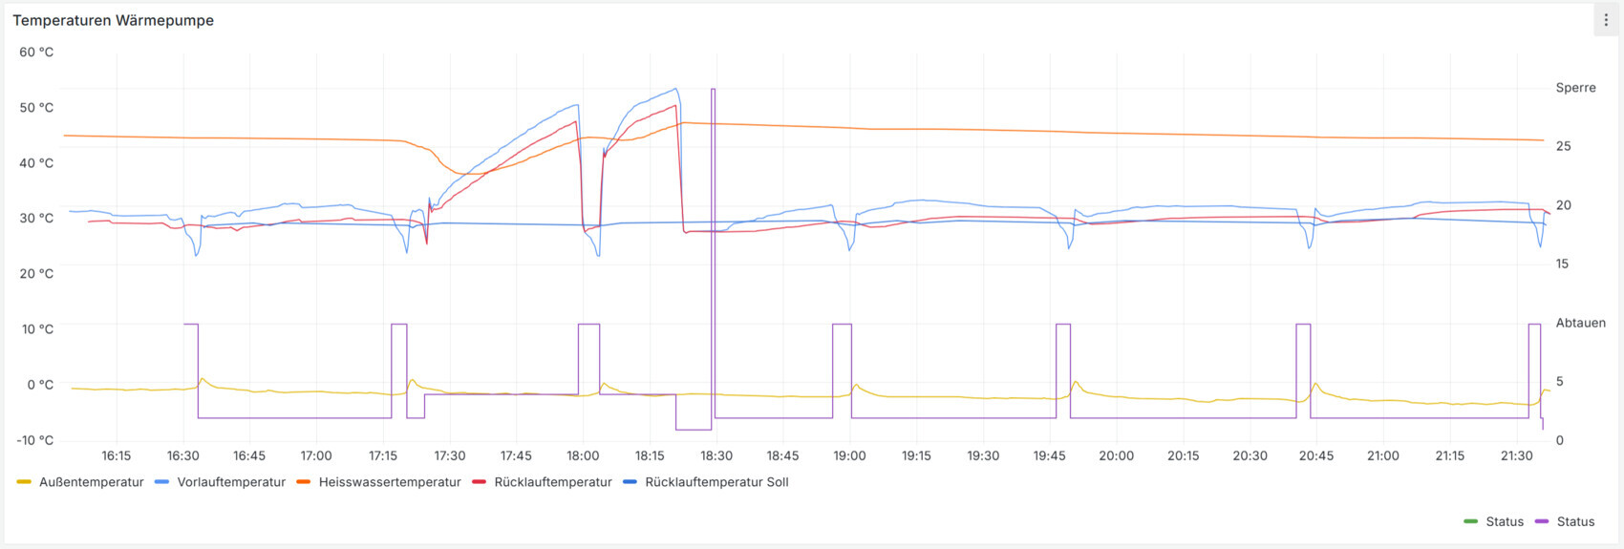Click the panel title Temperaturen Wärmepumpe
pyautogui.click(x=113, y=20)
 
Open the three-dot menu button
pyautogui.click(x=1606, y=20)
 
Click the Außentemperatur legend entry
pyautogui.click(x=91, y=482)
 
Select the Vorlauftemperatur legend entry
pyautogui.click(x=230, y=482)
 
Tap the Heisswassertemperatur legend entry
pyautogui.click(x=389, y=482)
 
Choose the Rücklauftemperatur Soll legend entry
pyautogui.click(x=716, y=482)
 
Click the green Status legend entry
pyautogui.click(x=1504, y=521)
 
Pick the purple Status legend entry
pyautogui.click(x=1575, y=521)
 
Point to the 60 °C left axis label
pyautogui.click(x=36, y=53)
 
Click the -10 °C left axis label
pyautogui.click(x=35, y=440)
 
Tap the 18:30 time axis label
pyautogui.click(x=716, y=456)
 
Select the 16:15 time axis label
pyautogui.click(x=116, y=456)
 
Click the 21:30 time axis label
pyautogui.click(x=1516, y=456)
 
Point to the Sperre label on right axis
pyautogui.click(x=1575, y=88)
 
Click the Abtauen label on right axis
pyautogui.click(x=1580, y=323)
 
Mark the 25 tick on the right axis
pyautogui.click(x=1563, y=146)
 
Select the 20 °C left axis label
pyautogui.click(x=36, y=274)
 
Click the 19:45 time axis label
pyautogui.click(x=1049, y=456)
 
